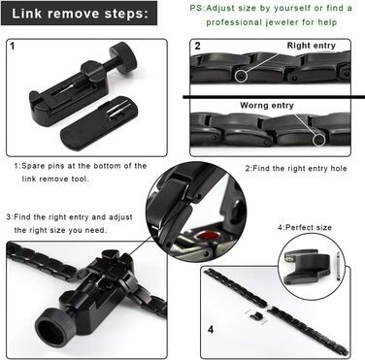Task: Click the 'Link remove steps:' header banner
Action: [80, 14]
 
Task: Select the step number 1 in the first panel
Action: [13, 46]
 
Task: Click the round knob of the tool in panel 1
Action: [123, 55]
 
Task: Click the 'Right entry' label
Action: [311, 46]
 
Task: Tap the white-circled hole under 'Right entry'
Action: [241, 76]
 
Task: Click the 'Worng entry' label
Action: [267, 106]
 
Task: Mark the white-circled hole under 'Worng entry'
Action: [319, 140]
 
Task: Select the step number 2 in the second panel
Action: [197, 46]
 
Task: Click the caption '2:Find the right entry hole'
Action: [296, 168]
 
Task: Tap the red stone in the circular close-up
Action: [206, 235]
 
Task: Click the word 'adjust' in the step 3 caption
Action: [120, 217]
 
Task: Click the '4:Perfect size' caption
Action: [305, 227]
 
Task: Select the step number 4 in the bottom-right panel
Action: [211, 330]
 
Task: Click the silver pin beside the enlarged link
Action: [338, 266]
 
